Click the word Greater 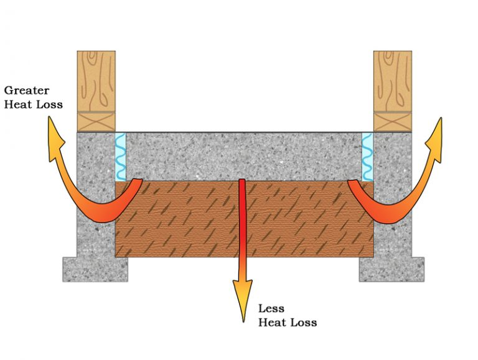pyautogui.click(x=27, y=90)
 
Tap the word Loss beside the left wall pyautogui.click(x=49, y=104)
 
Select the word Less pyautogui.click(x=271, y=308)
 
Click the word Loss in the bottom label pyautogui.click(x=304, y=323)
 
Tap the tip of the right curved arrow pyautogui.click(x=440, y=118)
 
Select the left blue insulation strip pyautogui.click(x=121, y=157)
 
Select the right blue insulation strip pyautogui.click(x=367, y=157)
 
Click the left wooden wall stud pyautogui.click(x=96, y=81)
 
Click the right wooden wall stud pyautogui.click(x=393, y=81)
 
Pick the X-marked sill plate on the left pyautogui.click(x=96, y=122)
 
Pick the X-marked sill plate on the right pyautogui.click(x=393, y=122)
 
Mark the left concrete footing pyautogui.click(x=95, y=269)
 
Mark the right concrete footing pyautogui.click(x=391, y=269)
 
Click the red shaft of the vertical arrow pyautogui.click(x=242, y=228)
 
